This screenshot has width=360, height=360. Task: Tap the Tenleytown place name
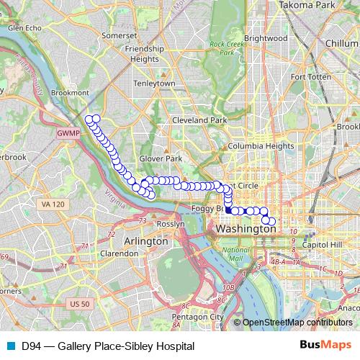[152, 84]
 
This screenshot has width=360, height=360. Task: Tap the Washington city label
[246, 228]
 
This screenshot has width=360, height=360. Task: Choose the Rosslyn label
[171, 224]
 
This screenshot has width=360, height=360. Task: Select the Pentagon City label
[197, 317]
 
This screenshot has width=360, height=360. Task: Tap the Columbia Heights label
[253, 146]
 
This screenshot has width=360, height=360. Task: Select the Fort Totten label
[310, 76]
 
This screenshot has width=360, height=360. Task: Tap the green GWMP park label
[66, 134]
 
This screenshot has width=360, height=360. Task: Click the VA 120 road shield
[53, 204]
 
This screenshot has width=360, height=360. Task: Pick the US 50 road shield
[79, 305]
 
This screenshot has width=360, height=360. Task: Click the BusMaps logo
[321, 346]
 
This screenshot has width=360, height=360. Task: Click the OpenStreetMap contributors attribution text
[297, 323]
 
